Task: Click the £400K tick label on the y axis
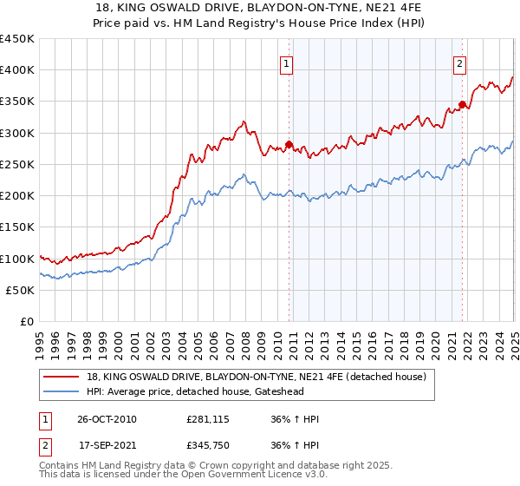[x=17, y=70]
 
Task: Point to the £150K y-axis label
[x=17, y=227]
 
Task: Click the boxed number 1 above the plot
[x=286, y=62]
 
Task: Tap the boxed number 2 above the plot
[x=458, y=62]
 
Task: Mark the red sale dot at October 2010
[x=289, y=145]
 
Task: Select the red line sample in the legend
[x=62, y=378]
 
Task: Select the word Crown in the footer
[x=218, y=467]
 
